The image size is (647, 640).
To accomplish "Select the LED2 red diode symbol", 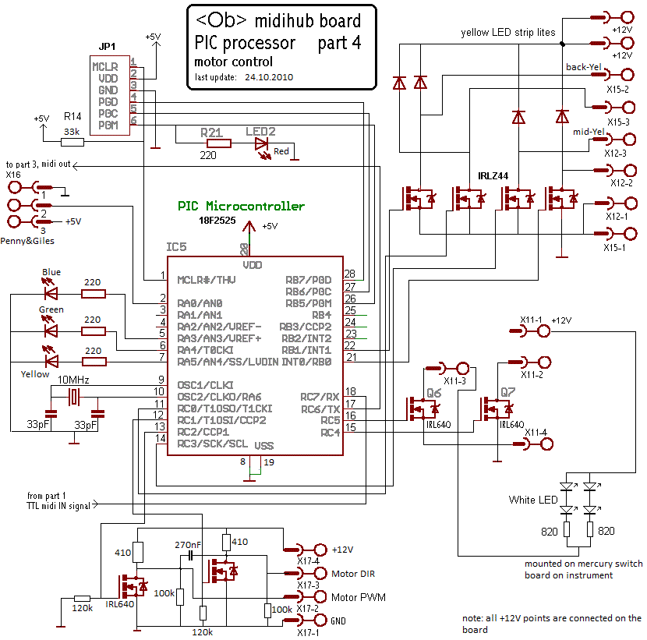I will pos(260,143).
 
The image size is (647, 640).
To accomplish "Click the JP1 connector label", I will pos(108,47).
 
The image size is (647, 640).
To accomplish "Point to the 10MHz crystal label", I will pos(73,379).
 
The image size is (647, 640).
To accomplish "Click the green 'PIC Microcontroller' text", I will pos(241,207).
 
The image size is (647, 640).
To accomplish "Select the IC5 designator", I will pos(176,247).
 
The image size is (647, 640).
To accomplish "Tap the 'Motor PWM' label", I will pos(359,597).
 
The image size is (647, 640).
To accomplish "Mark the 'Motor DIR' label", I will pos(353,574).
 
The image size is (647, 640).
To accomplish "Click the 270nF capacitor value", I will pos(188,544).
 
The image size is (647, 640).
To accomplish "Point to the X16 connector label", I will pos(13,175).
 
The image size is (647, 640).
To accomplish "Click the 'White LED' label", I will pos(532,500).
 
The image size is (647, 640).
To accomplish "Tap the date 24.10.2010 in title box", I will pos(269,78).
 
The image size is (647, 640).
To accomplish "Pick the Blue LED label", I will pos(51,272).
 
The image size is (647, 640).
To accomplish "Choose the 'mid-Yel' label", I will pos(589,132).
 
